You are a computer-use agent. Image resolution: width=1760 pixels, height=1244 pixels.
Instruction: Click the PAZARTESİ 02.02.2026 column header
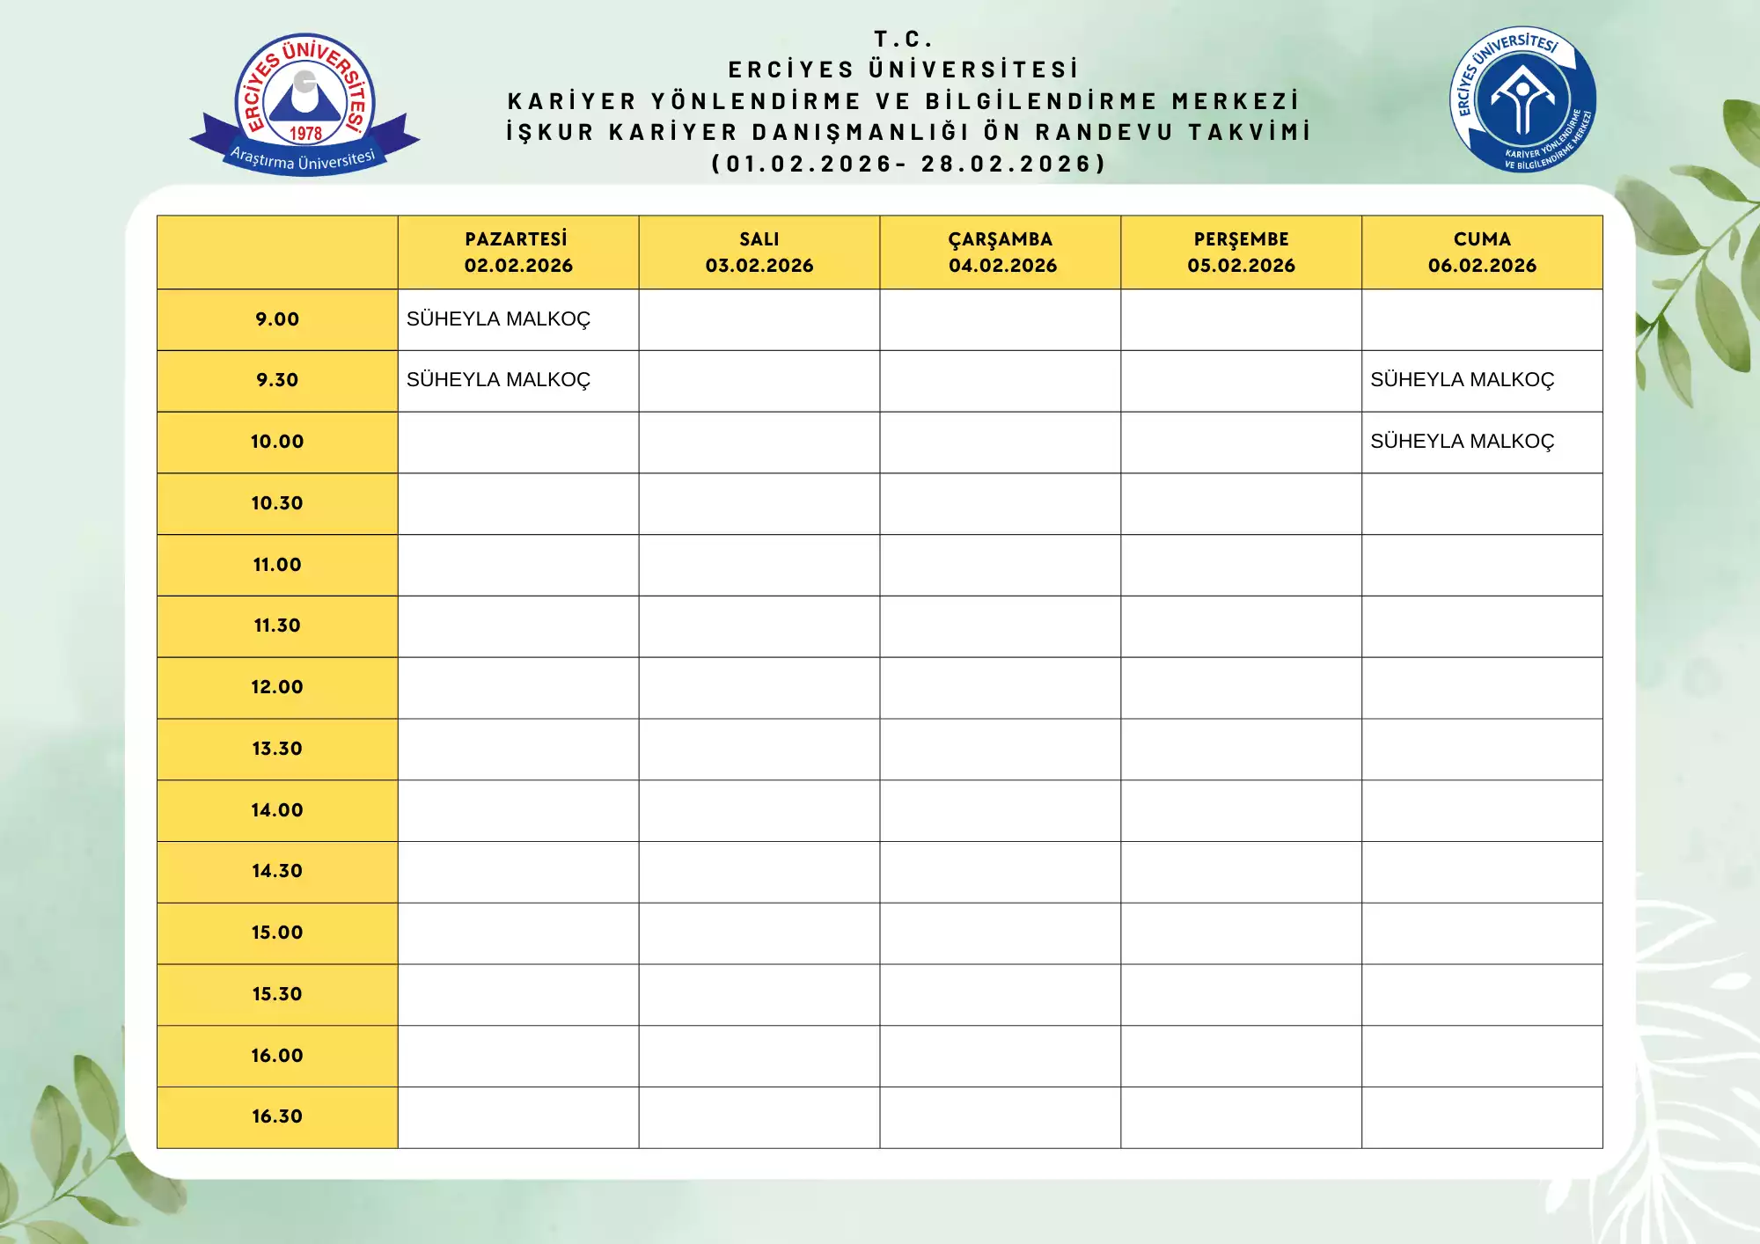[x=517, y=252]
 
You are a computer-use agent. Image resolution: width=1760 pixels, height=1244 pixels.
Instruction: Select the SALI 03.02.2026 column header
[x=759, y=252]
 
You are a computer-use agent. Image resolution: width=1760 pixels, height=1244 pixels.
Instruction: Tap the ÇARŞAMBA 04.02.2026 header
[x=1001, y=252]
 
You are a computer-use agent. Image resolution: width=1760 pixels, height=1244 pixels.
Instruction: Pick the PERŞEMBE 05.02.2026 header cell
[x=1241, y=252]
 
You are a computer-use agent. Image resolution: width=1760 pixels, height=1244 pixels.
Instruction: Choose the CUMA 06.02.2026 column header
[x=1482, y=252]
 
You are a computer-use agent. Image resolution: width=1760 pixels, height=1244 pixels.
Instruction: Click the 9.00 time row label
[x=277, y=319]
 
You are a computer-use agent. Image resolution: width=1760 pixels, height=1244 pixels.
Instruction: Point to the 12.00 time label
[x=277, y=687]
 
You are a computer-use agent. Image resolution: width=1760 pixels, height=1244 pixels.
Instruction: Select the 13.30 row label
[x=277, y=749]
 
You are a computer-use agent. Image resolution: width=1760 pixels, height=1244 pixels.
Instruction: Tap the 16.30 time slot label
[x=277, y=1116]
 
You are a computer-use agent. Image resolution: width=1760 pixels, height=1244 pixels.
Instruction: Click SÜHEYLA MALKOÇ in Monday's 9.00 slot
[x=498, y=319]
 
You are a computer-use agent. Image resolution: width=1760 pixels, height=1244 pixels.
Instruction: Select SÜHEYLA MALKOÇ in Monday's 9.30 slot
[x=498, y=380]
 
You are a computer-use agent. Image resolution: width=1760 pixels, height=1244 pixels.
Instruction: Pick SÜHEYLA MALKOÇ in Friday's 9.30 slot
[x=1462, y=380]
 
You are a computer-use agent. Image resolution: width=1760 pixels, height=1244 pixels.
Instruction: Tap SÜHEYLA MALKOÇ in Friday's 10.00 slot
[x=1462, y=442]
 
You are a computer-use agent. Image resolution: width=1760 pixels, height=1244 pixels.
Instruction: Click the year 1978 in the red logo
[x=305, y=134]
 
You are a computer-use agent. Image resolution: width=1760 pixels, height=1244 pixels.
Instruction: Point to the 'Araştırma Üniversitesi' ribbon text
[x=303, y=160]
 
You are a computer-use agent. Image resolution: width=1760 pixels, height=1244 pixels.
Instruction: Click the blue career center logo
[x=1522, y=99]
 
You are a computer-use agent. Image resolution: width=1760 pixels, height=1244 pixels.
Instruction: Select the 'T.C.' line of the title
[x=903, y=40]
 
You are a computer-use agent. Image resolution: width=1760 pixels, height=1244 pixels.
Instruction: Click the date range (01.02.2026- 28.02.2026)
[x=908, y=164]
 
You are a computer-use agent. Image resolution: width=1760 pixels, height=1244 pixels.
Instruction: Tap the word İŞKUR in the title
[x=550, y=132]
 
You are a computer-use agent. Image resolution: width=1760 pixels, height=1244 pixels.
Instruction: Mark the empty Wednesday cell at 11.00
[x=1000, y=565]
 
